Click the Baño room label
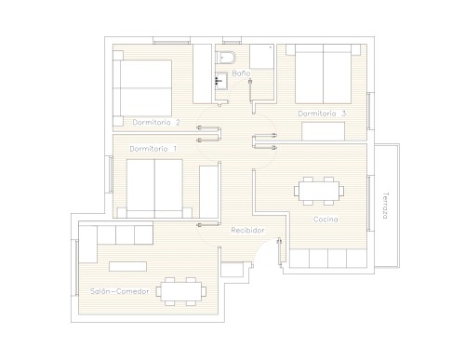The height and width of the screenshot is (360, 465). pos(241,73)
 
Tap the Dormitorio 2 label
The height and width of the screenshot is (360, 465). pos(156,123)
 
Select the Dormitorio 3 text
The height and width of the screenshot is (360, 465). pos(322,113)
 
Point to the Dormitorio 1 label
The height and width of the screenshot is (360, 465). pos(153,149)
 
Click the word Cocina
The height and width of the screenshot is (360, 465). pos(325,220)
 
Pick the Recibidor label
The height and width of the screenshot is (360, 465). pos(247,230)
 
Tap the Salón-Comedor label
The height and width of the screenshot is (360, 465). pos(119,291)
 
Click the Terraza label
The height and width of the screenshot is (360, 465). pos(385,206)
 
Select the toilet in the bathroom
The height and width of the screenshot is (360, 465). pos(226,58)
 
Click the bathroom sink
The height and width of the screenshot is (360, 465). pos(221,81)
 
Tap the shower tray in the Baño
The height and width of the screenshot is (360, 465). pos(261,57)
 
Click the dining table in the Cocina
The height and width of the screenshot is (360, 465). pos(319,191)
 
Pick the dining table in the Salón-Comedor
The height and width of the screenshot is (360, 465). pos(181,291)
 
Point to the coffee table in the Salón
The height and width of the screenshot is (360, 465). pos(127,267)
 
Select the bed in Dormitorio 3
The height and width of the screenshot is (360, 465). pos(323,73)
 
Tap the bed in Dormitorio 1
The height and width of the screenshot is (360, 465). pos(154,189)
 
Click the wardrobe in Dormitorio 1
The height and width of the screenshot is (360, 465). pos(208,192)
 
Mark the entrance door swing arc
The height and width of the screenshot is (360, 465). pos(263,248)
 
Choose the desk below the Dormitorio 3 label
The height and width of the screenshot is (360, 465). pos(324,131)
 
